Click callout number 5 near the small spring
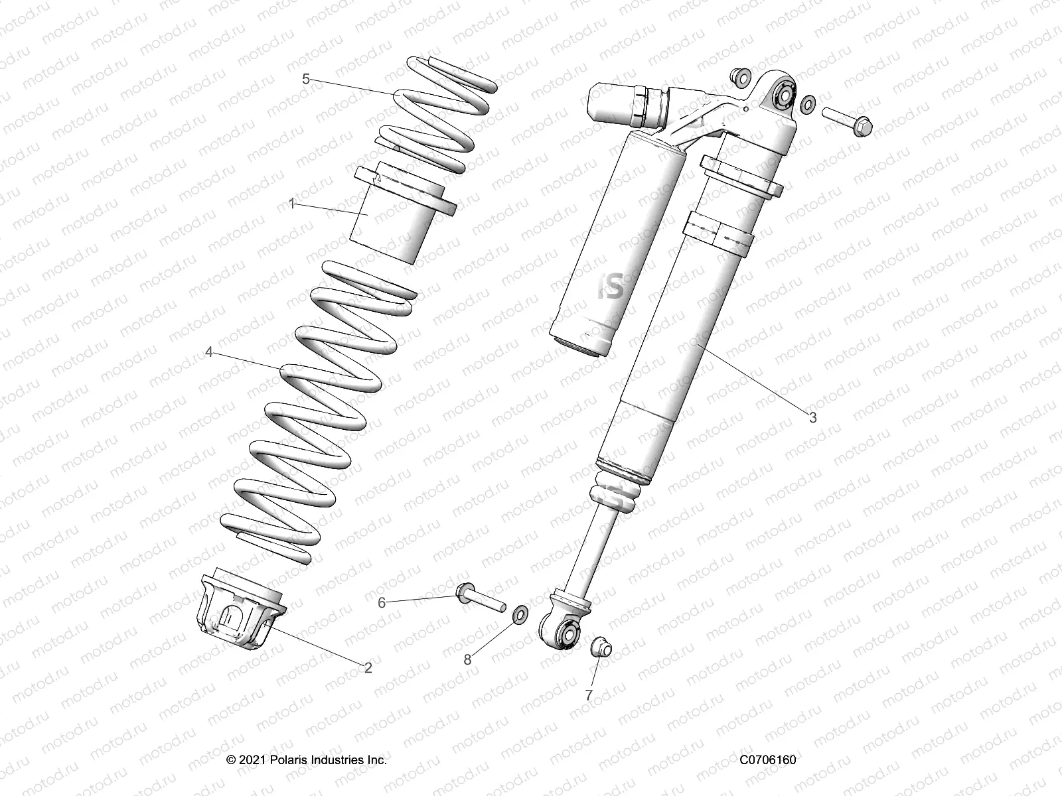pos(306,79)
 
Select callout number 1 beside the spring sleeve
pos(291,204)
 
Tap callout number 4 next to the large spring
pos(209,352)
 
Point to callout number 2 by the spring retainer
pos(368,667)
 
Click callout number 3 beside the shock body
pos(812,418)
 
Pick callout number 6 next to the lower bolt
pos(382,602)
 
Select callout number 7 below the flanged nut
pos(588,695)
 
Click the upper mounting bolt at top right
pos(847,119)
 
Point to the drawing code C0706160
pos(767,760)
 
